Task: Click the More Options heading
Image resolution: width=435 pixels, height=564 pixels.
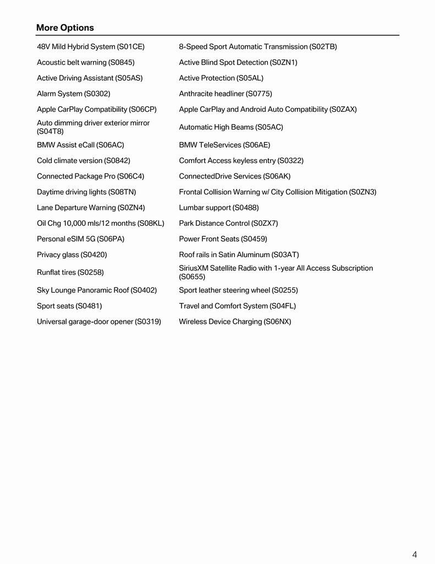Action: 65,28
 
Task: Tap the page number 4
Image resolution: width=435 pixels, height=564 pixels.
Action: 415,555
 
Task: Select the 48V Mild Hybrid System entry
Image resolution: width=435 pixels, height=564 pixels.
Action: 91,47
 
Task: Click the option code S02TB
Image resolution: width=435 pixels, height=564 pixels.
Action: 323,47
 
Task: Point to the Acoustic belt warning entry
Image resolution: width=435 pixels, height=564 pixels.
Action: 86,63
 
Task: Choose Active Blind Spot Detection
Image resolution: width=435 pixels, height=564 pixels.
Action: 238,63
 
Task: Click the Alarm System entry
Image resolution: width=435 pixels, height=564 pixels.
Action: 74,94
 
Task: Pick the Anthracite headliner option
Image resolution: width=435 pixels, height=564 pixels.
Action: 225,94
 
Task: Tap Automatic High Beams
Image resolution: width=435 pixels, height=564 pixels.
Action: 231,127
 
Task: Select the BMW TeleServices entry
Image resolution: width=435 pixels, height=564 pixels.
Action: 224,145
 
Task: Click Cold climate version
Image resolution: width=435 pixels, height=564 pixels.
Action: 84,161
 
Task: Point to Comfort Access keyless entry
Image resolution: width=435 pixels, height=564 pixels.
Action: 241,161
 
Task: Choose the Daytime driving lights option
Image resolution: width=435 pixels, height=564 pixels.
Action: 86,192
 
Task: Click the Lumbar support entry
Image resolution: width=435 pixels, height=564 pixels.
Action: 219,208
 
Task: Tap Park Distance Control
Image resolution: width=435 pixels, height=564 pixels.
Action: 228,224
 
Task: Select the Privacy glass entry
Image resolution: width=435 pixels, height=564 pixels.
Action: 72,255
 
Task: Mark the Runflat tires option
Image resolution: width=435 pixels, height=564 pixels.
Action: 70,273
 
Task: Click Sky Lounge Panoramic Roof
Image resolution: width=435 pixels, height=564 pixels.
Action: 97,290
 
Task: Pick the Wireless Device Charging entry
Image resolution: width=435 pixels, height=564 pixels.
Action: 235,322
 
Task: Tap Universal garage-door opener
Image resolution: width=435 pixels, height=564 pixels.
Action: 99,322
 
